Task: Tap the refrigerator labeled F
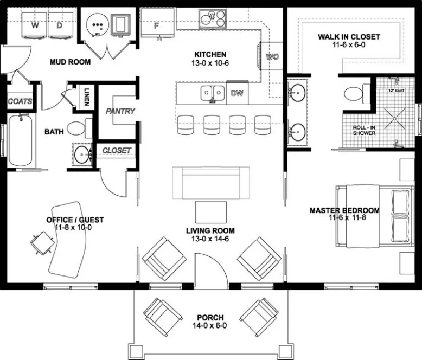click(157, 24)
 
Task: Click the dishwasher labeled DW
click(237, 93)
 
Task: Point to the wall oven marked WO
click(272, 56)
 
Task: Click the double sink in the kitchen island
click(213, 93)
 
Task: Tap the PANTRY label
click(120, 111)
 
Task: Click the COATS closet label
click(20, 101)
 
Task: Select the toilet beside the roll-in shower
click(355, 94)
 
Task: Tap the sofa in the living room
click(210, 183)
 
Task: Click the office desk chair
click(39, 243)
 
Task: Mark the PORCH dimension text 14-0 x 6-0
click(210, 326)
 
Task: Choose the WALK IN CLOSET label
click(349, 37)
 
